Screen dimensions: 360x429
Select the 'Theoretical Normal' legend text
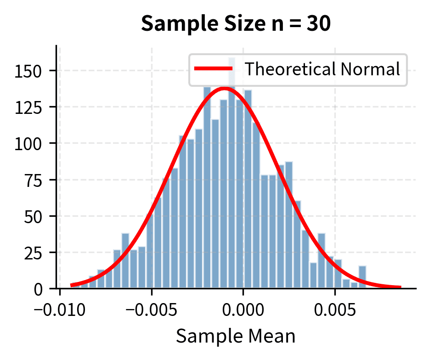pos(322,69)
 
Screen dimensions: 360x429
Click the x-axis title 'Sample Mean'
pos(236,336)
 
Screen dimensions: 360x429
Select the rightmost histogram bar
pos(362,277)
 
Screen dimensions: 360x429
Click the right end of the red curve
pos(400,287)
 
